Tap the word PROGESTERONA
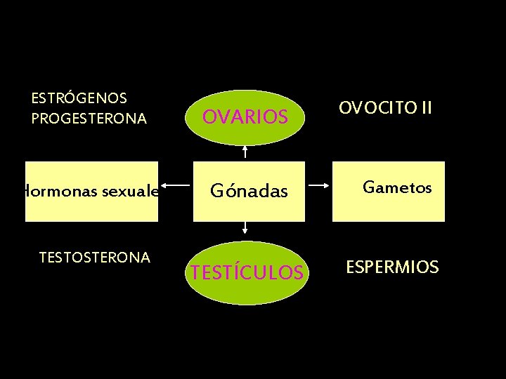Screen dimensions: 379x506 pos(89,119)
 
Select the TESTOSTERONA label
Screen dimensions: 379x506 pos(94,258)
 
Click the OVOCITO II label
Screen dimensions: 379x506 pos(385,108)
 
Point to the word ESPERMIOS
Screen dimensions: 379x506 pos(392,267)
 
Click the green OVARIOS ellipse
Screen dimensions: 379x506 pos(245,117)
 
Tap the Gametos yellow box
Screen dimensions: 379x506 pos(389,191)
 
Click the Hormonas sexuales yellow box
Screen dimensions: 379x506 pos(91,191)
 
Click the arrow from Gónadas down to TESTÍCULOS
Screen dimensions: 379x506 pos(245,227)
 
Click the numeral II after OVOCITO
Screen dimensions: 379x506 pos(424,108)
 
